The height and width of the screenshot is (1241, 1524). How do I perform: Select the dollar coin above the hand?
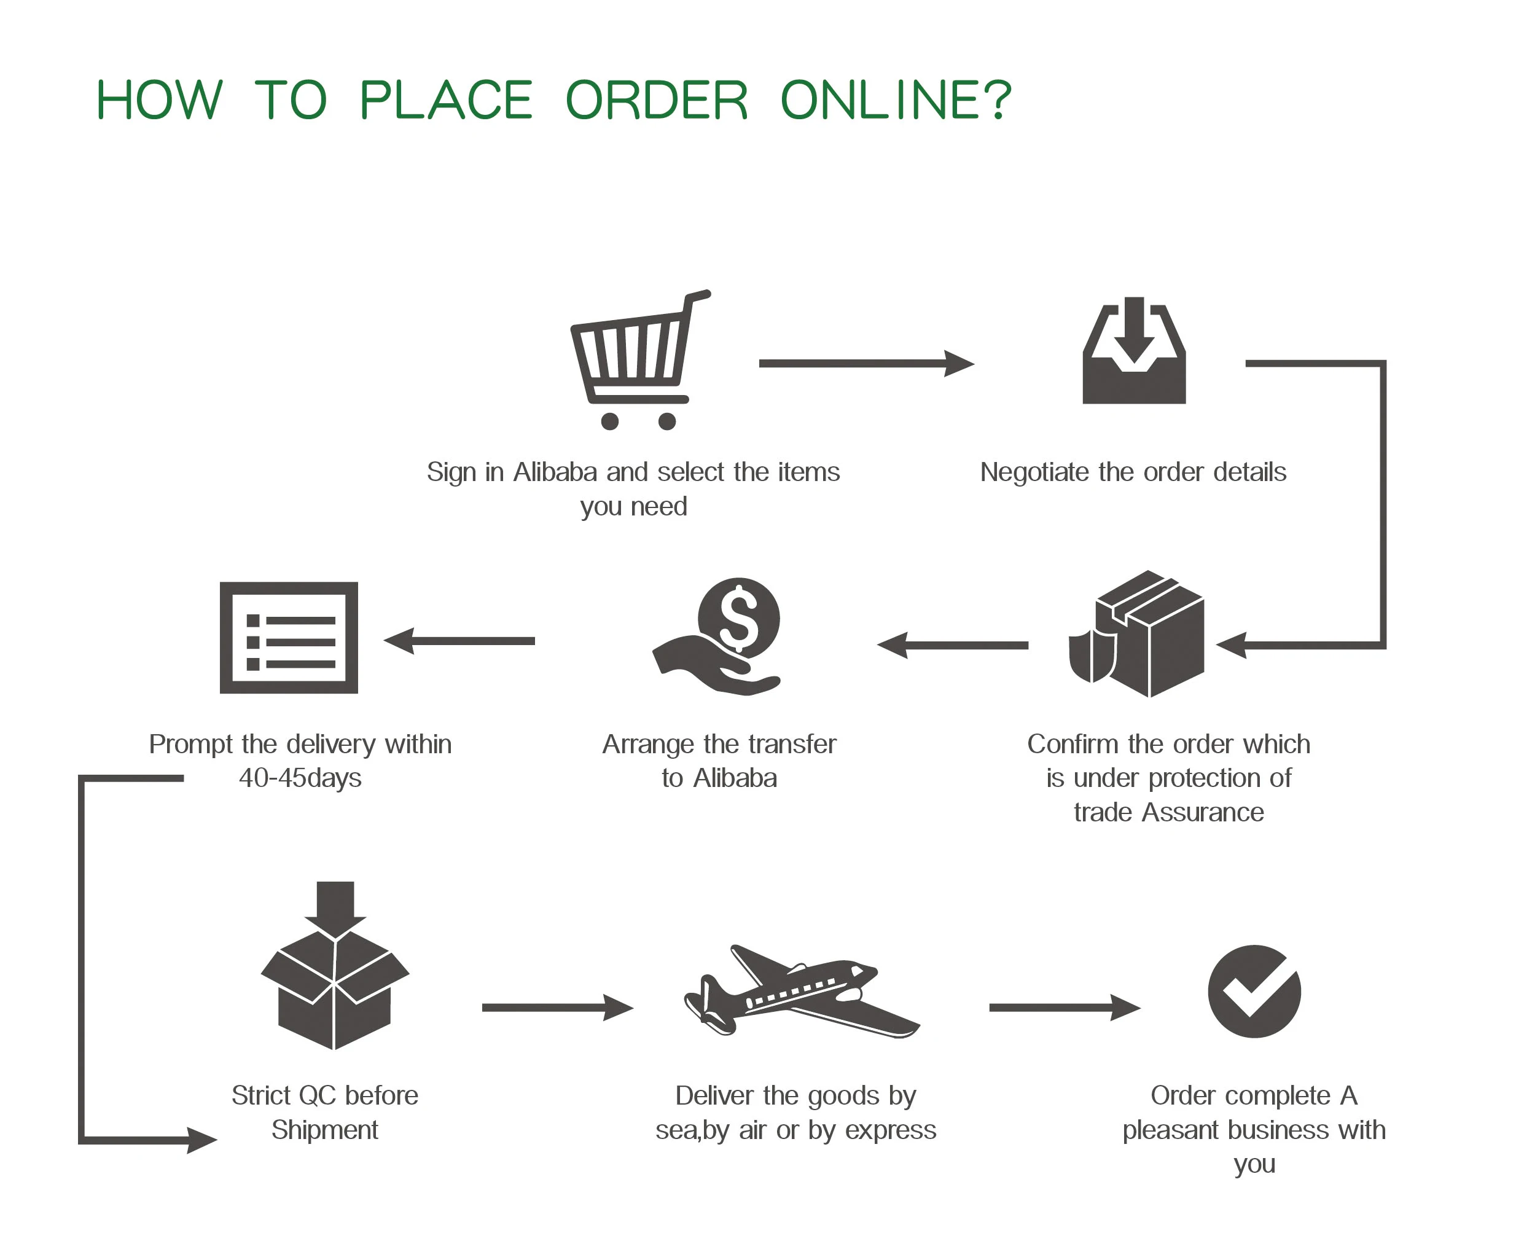738,617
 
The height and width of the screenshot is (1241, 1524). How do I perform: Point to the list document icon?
289,637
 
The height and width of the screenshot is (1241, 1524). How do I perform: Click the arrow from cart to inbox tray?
865,363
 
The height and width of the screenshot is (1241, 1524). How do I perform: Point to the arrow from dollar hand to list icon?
459,641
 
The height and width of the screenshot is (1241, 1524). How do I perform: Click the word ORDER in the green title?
656,100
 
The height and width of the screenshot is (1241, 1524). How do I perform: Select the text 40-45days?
300,778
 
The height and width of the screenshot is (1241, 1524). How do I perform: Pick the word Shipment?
324,1130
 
